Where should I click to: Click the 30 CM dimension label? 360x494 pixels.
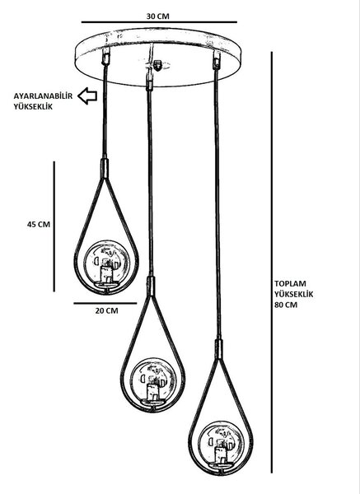point(157,16)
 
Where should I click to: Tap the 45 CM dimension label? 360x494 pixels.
point(39,224)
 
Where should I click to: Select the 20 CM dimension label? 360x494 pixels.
point(107,310)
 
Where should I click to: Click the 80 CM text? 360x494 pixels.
point(286,305)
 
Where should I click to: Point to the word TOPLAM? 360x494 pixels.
point(290,283)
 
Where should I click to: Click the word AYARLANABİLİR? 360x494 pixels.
point(43,96)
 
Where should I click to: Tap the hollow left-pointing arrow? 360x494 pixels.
point(87,96)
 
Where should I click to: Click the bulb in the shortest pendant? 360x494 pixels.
point(107,262)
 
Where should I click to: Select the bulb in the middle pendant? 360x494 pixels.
point(153,380)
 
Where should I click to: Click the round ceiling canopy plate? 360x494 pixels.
point(157,58)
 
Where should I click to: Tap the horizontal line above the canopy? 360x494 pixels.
point(159,22)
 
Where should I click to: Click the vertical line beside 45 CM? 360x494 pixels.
point(54,226)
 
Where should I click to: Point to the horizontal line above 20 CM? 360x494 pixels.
point(105,303)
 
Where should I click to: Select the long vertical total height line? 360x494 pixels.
point(272,263)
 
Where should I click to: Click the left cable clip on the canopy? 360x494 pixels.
point(106,56)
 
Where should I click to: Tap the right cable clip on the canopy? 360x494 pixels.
point(217,60)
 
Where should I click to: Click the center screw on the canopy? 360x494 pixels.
point(157,65)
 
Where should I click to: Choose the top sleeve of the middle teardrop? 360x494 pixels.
point(152,286)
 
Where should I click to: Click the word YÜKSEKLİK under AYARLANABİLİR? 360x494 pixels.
point(33,107)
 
